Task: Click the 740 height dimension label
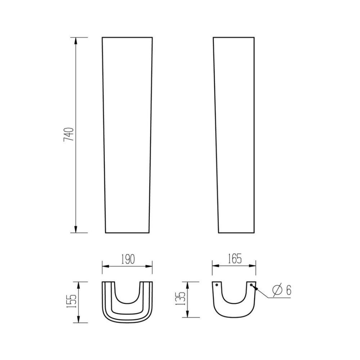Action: click(69, 134)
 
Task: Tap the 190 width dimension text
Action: click(127, 259)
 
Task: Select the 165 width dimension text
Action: click(234, 258)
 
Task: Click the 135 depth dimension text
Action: click(182, 300)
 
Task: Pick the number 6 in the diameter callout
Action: click(288, 290)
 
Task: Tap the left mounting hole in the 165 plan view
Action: click(217, 285)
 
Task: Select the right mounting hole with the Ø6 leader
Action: click(251, 285)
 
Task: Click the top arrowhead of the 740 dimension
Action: click(76, 41)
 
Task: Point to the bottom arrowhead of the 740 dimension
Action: click(76, 229)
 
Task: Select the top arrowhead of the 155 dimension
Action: click(78, 285)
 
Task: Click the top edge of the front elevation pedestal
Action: click(127, 37)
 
